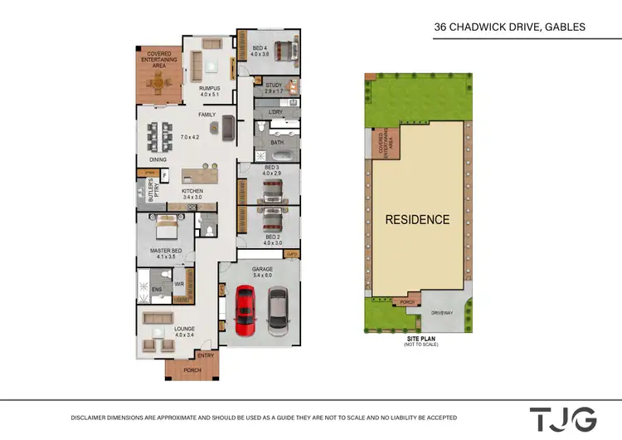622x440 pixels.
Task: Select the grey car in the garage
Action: click(277, 310)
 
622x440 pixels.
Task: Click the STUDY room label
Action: click(274, 85)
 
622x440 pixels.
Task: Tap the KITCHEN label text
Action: click(192, 192)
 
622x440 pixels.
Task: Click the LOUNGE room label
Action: click(184, 329)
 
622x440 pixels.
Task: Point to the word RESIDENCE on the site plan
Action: click(416, 220)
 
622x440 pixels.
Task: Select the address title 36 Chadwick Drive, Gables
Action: click(509, 27)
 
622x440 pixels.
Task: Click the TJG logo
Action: click(563, 418)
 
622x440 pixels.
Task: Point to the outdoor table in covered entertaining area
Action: click(155, 81)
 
